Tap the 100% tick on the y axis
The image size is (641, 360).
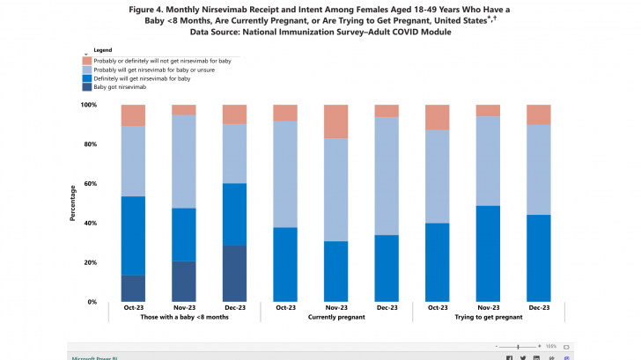pyautogui.click(x=87, y=105)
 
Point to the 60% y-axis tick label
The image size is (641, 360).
pyautogui.click(x=89, y=184)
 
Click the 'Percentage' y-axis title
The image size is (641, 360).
pyautogui.click(x=73, y=203)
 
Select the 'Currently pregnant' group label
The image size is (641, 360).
pyautogui.click(x=336, y=316)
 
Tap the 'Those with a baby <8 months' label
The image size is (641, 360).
pyautogui.click(x=184, y=316)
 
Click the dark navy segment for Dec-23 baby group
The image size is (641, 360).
pyautogui.click(x=234, y=273)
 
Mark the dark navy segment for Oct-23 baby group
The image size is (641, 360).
pyautogui.click(x=133, y=289)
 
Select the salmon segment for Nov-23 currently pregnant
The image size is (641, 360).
pyautogui.click(x=336, y=121)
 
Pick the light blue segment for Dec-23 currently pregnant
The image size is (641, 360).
pyautogui.click(x=387, y=176)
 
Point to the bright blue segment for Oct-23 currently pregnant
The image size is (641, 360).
pyautogui.click(x=285, y=264)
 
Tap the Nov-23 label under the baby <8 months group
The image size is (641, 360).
pyautogui.click(x=184, y=307)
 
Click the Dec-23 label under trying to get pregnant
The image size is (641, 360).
pyautogui.click(x=538, y=307)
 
